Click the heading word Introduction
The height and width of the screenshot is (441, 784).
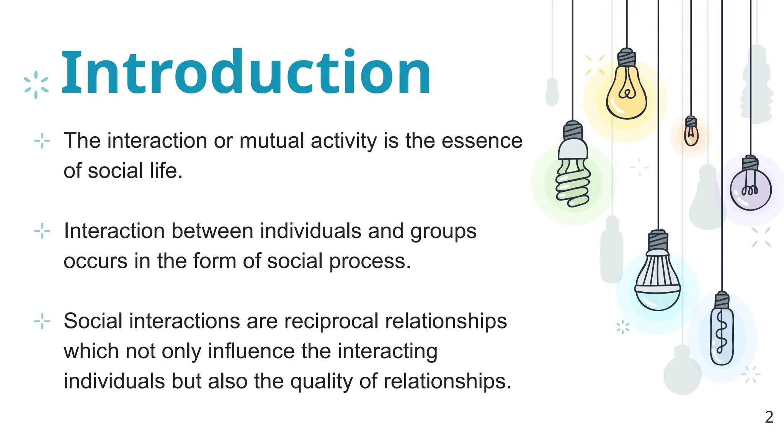tap(246, 73)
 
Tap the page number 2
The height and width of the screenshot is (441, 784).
tap(769, 417)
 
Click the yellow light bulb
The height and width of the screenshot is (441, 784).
tap(626, 94)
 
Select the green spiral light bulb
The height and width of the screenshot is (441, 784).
tap(573, 182)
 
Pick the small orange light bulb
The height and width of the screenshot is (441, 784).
tap(691, 134)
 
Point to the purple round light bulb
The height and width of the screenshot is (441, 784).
tap(750, 189)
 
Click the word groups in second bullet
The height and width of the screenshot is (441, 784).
tap(443, 232)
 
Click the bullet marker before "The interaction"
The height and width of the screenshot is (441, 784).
tap(42, 141)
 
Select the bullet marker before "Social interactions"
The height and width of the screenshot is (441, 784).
tap(42, 321)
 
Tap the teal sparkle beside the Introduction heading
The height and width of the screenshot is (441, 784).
tap(36, 85)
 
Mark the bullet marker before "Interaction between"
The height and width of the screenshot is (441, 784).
tap(42, 231)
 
